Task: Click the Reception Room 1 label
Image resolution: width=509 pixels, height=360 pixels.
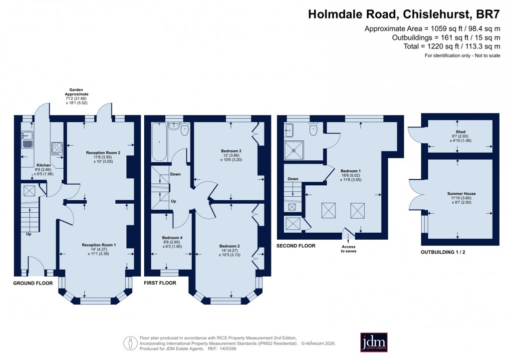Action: point(99,245)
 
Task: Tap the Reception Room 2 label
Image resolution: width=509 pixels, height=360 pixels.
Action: point(103,152)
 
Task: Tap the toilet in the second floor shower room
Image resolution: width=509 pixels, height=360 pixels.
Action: point(314,130)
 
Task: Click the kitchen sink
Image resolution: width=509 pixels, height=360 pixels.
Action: point(27,137)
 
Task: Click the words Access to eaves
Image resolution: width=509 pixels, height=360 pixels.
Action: point(349,249)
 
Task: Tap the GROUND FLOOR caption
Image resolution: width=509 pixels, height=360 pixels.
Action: point(33,283)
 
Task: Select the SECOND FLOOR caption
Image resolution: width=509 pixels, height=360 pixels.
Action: point(296,246)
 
